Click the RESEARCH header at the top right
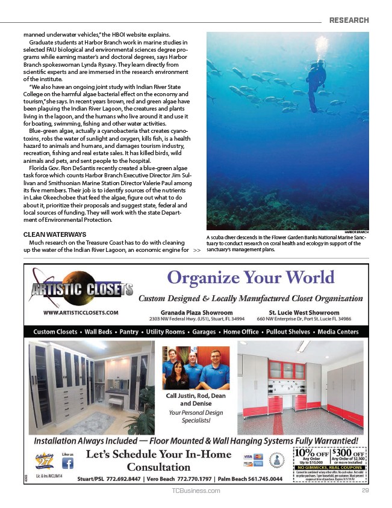[x=349, y=20]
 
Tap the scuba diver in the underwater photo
[x=314, y=84]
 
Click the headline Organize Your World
[x=250, y=278]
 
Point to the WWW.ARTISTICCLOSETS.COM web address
[x=81, y=313]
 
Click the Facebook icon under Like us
[x=68, y=464]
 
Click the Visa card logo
[x=247, y=458]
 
